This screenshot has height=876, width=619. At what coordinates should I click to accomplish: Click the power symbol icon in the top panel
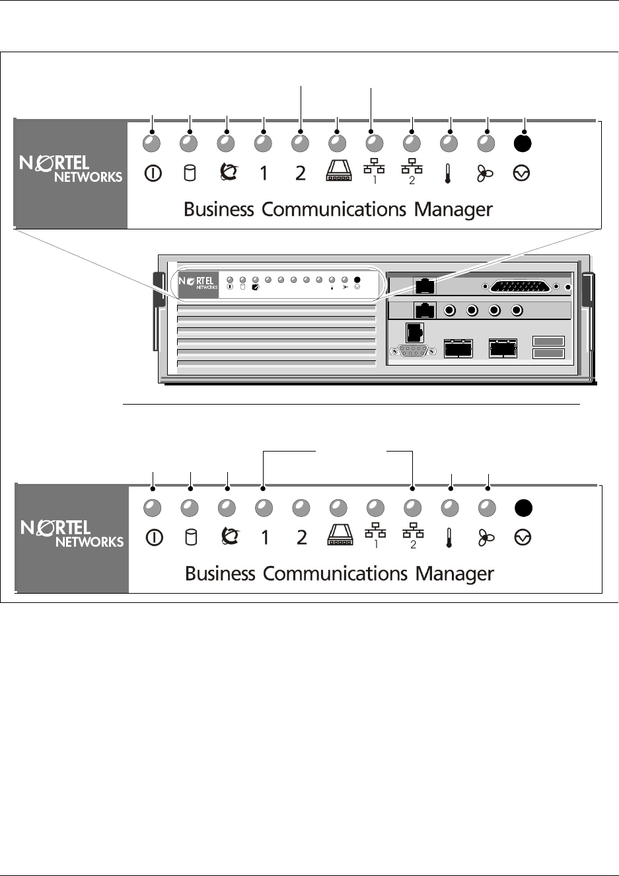pos(153,173)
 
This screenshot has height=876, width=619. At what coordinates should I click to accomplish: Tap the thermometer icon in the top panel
pos(449,174)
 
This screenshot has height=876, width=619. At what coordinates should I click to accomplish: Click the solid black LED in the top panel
pos(523,143)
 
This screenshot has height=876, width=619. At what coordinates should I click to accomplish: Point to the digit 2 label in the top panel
pos(301,173)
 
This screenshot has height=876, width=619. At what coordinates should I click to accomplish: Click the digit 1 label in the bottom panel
pos(264,538)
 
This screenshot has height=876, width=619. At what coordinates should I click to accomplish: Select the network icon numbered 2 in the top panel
pos(412,173)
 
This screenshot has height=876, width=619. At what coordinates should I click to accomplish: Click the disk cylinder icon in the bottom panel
pos(190,538)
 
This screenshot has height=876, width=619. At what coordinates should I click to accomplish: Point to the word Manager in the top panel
pos(453,210)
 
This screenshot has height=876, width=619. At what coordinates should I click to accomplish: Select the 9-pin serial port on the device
pos(414,351)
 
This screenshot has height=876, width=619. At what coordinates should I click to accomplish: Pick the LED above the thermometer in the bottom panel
pos(450,508)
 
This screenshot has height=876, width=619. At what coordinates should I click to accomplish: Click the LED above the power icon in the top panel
pos(153,143)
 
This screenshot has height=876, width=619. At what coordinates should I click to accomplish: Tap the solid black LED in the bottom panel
pos(523,508)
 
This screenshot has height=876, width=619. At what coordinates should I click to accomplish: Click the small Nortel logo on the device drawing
pos(198,283)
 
